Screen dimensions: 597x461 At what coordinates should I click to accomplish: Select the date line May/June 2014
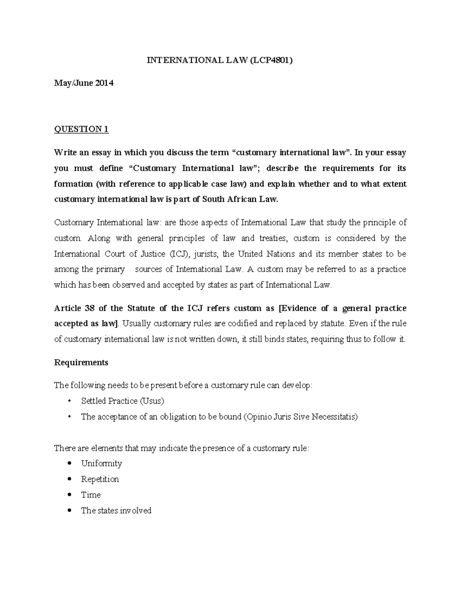click(x=84, y=83)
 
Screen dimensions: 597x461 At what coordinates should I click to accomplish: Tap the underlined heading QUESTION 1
click(x=81, y=129)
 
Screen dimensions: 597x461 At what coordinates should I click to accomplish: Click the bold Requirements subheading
click(x=81, y=363)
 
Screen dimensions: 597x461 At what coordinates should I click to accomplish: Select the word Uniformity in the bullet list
click(x=101, y=464)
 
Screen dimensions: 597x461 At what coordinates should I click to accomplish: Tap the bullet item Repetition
click(x=100, y=479)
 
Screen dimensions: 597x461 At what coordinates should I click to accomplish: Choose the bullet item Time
click(x=91, y=495)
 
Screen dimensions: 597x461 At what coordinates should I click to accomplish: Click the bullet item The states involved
click(x=116, y=511)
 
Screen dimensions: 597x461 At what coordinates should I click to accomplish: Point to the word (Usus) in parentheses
click(x=152, y=401)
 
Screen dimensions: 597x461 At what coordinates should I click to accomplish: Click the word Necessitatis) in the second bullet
click(x=334, y=417)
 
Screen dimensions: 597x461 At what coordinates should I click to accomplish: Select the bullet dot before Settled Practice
click(x=69, y=401)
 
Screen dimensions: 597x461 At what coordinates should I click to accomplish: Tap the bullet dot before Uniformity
click(x=69, y=463)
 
